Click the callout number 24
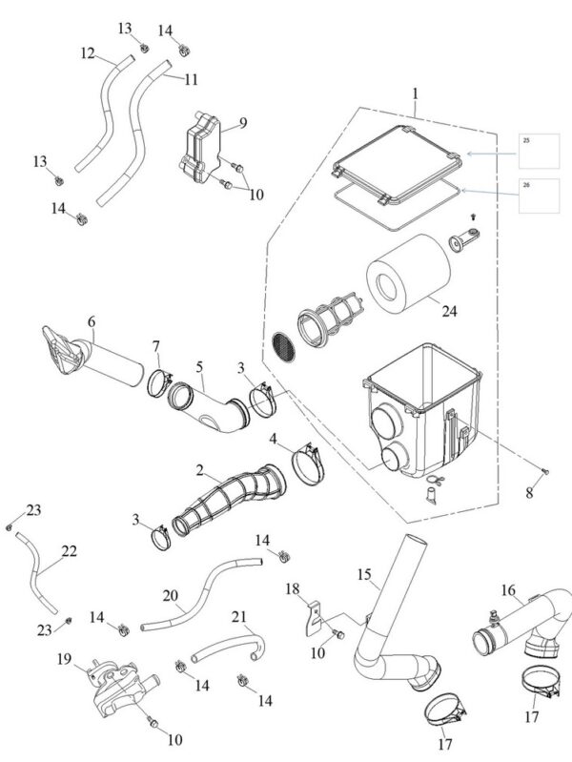(x=449, y=311)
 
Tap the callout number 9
(x=242, y=122)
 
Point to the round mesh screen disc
(x=283, y=347)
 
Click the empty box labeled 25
(x=539, y=151)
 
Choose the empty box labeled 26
(x=539, y=196)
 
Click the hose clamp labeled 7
(x=159, y=383)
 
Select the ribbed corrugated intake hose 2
(x=230, y=501)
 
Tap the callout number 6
(x=92, y=321)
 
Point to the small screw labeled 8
(x=544, y=471)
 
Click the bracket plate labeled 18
(x=314, y=618)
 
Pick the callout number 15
(x=364, y=574)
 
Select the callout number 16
(x=508, y=590)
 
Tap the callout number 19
(x=64, y=659)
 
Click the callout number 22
(x=69, y=551)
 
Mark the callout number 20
(x=170, y=595)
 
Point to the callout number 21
(x=238, y=617)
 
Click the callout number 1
(x=415, y=93)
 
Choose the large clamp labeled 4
(x=308, y=465)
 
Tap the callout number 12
(x=88, y=53)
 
